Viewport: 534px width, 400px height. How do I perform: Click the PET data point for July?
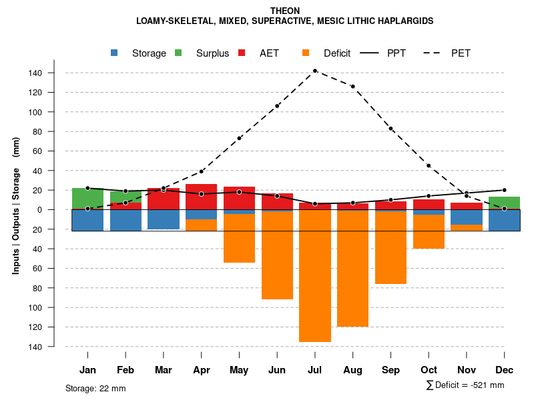coord(315,71)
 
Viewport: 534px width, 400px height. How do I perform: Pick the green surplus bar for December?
coord(505,203)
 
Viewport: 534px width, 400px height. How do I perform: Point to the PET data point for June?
coord(277,106)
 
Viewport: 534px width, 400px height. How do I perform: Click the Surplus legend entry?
coord(212,53)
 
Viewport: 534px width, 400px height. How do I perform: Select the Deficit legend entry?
coord(336,53)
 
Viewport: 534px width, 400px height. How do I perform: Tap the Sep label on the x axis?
coord(391,370)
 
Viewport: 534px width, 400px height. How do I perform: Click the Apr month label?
coord(202,370)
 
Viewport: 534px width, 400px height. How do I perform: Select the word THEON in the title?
coord(285,11)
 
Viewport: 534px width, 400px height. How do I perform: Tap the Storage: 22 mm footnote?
coord(95,388)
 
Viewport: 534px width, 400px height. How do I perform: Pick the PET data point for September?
coord(391,129)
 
